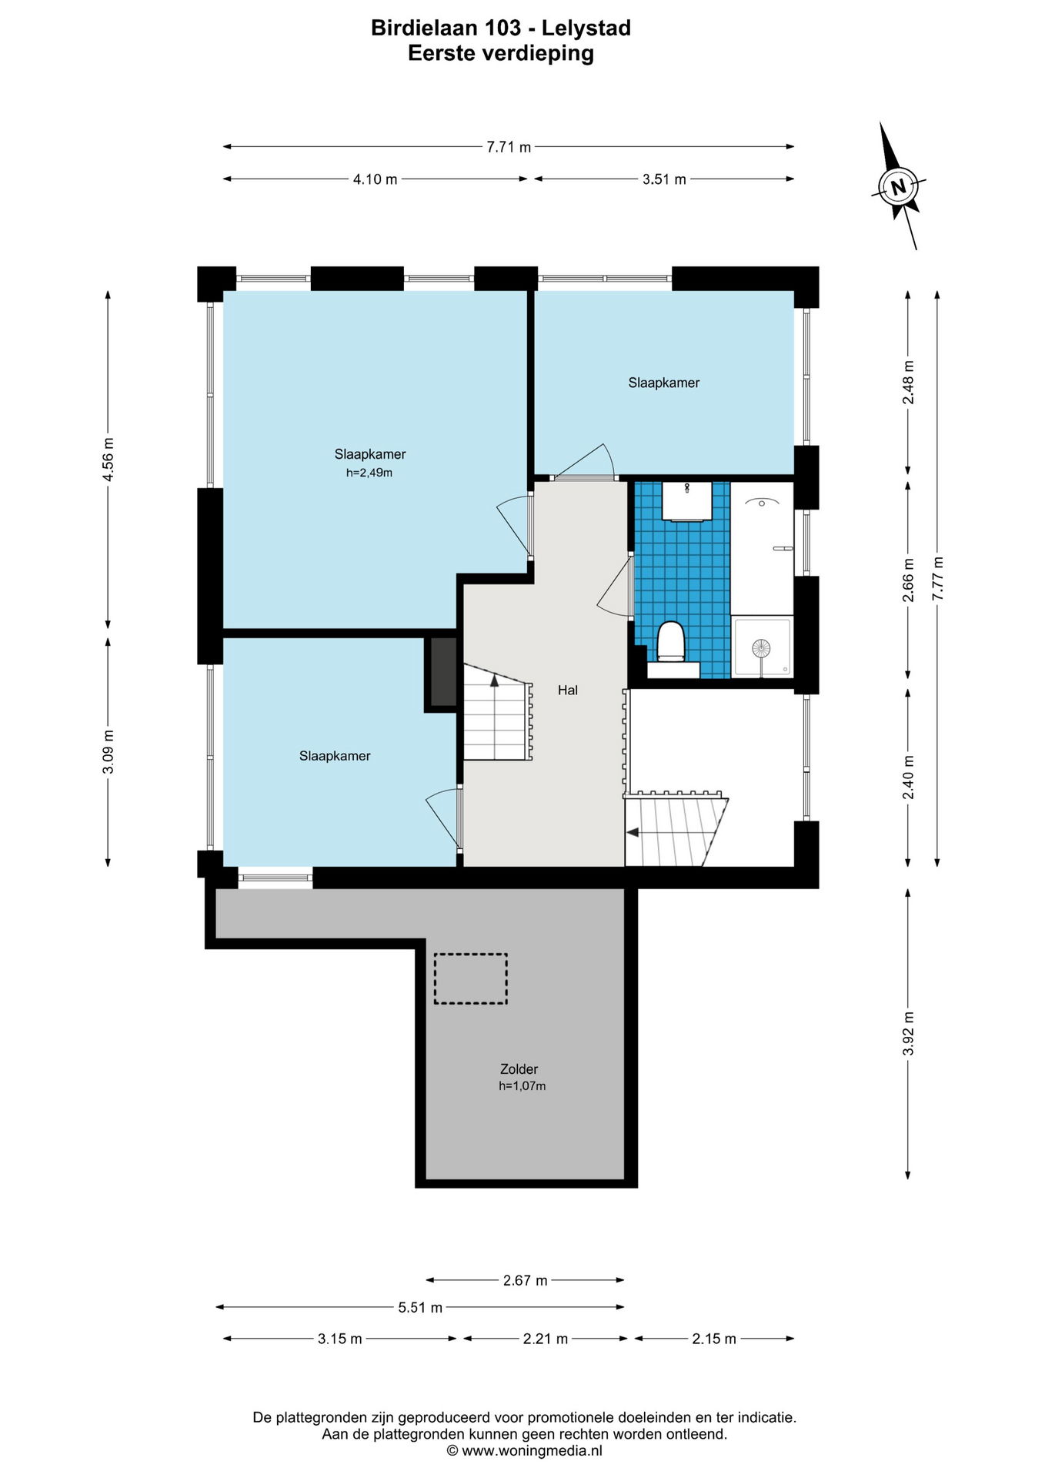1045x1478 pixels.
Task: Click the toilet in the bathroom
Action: tap(672, 641)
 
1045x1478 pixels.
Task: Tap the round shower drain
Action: tap(761, 648)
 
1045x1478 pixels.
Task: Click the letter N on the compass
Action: tap(898, 186)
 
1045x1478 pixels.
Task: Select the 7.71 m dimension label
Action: tap(509, 147)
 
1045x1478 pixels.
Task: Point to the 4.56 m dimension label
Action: tap(109, 459)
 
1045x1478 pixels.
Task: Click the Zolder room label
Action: tap(519, 1069)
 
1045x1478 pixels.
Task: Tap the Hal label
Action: tap(568, 691)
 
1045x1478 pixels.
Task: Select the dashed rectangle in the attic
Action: tap(470, 978)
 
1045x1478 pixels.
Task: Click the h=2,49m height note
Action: tap(369, 473)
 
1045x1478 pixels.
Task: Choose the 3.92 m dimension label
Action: tap(909, 1032)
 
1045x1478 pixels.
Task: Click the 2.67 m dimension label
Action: tap(526, 1281)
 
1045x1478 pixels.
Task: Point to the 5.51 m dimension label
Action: tap(420, 1308)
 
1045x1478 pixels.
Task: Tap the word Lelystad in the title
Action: tap(586, 28)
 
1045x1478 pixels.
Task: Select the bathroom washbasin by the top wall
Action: tap(686, 501)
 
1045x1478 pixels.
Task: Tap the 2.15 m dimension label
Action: tap(714, 1339)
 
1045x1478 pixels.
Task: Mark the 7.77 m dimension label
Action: tap(937, 578)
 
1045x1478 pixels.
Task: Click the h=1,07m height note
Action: tap(522, 1086)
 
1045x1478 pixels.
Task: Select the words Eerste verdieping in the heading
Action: tap(501, 53)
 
